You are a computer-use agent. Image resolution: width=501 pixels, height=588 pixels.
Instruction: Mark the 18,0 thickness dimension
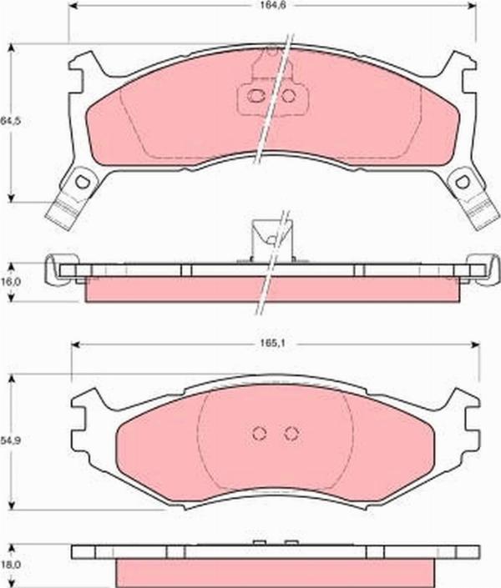click(9, 565)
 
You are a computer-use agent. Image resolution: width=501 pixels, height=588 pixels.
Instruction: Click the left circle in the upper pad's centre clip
click(258, 97)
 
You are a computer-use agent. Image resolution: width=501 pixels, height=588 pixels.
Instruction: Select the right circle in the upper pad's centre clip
click(288, 97)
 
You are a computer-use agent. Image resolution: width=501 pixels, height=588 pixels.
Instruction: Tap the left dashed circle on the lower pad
click(259, 433)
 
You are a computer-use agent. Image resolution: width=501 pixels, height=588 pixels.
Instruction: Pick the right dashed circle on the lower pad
click(291, 433)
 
